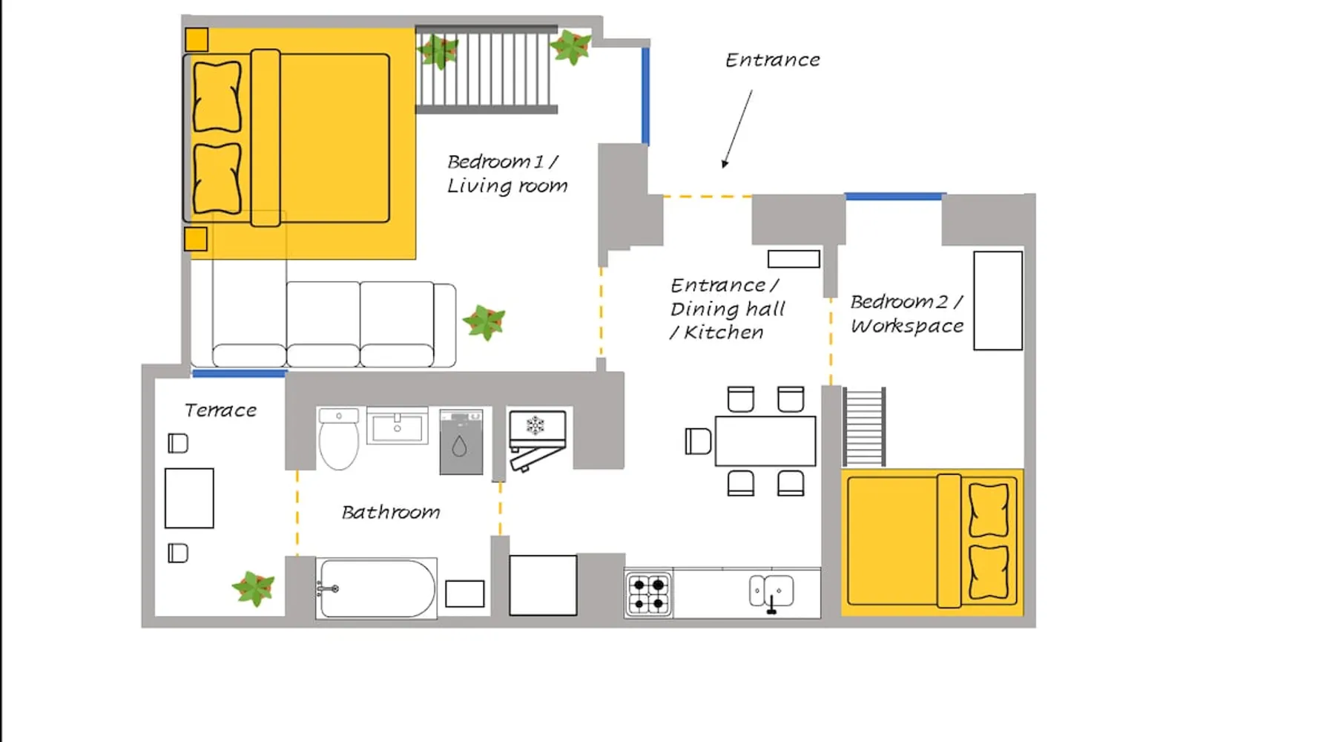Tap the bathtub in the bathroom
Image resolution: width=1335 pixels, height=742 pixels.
376,588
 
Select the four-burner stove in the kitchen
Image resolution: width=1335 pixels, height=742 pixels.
648,594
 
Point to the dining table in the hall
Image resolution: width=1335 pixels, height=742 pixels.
765,441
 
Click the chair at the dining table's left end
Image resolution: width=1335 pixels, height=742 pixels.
698,441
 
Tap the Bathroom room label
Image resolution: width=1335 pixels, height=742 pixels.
391,512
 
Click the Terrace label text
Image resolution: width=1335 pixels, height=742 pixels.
220,410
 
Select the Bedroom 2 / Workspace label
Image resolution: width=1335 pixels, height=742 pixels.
907,313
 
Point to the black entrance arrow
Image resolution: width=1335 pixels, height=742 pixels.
737,129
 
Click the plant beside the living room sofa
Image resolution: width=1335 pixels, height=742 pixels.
484,322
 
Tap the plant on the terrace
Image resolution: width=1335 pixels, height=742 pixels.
254,588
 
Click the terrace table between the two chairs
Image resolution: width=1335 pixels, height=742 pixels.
189,498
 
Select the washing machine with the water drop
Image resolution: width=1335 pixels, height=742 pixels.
461,441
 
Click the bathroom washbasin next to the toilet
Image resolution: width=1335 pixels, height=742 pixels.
398,426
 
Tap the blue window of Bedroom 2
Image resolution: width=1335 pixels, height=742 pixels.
894,197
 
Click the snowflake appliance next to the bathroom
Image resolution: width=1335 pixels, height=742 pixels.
537,439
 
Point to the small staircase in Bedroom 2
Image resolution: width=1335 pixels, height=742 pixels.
864,427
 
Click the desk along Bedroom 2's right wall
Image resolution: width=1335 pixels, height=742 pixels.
998,301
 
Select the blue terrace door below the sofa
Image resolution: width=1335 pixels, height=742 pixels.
239,373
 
